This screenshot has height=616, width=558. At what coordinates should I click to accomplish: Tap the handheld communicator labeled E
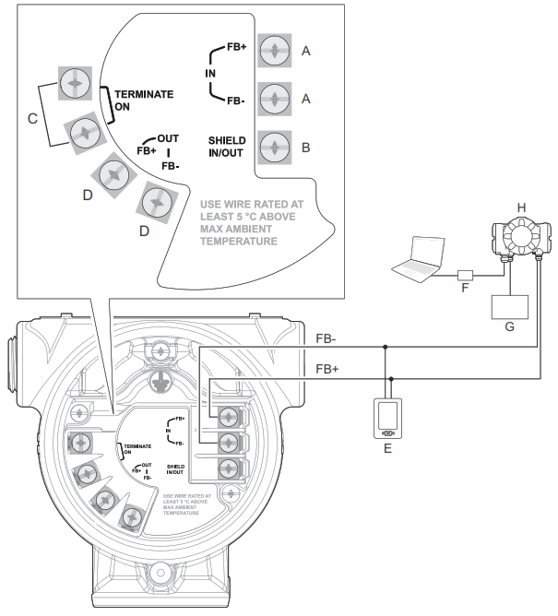point(388,418)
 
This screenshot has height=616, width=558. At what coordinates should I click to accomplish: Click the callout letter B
point(306,147)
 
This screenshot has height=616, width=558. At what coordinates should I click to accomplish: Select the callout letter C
point(33,118)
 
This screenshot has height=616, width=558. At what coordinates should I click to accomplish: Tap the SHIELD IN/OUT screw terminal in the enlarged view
point(274,147)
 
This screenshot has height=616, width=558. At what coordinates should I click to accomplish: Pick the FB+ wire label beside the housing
point(327,368)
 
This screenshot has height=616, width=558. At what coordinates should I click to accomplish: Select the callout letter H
point(521,209)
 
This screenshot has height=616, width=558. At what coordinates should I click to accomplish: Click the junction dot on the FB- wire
point(385,347)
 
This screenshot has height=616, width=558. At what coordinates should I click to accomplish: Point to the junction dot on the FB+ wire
point(393,377)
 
